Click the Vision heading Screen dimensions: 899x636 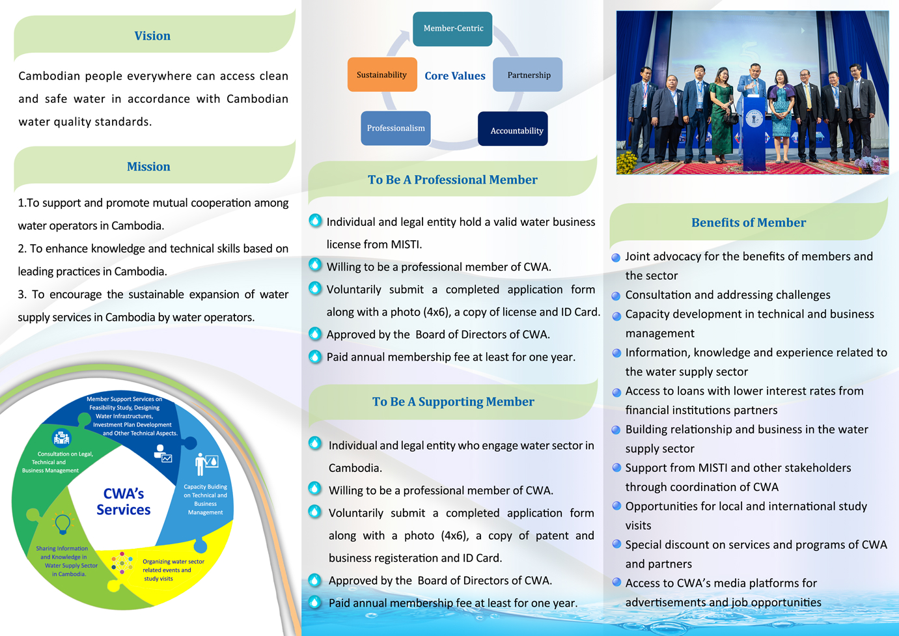tap(152, 36)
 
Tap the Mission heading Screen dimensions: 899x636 tap(148, 167)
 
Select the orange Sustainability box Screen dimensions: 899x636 tap(382, 75)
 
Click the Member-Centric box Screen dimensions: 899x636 tap(452, 29)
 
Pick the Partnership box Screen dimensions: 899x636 tap(528, 75)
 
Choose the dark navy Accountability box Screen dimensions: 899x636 tap(513, 129)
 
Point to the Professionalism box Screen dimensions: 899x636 tap(396, 128)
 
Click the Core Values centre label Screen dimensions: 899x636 tap(455, 76)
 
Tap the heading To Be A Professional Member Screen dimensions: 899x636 tap(452, 180)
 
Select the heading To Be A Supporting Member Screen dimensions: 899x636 tap(453, 402)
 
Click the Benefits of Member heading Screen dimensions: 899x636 tap(749, 223)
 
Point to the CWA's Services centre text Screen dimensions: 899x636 tap(124, 502)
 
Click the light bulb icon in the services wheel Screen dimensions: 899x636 tap(62, 523)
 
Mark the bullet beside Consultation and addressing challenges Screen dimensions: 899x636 tap(616, 296)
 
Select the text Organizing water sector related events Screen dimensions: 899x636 tap(173, 566)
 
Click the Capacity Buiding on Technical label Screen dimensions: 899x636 tap(206, 491)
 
